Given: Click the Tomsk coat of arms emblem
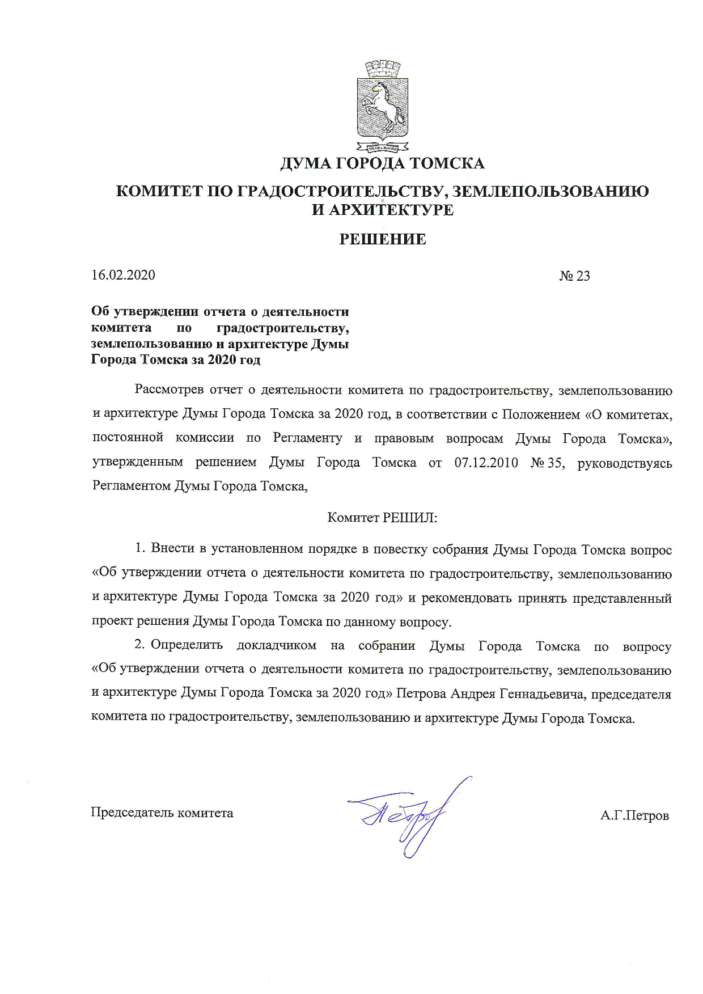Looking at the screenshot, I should (x=383, y=107).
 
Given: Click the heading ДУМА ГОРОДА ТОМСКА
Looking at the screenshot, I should (x=383, y=164).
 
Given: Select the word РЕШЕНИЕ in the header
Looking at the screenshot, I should (x=383, y=239).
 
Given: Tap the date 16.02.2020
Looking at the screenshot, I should (x=123, y=275).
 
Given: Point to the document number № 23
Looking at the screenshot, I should (x=574, y=276).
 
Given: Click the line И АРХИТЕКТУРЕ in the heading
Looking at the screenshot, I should (x=383, y=210).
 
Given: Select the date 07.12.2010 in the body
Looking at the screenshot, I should (x=486, y=463).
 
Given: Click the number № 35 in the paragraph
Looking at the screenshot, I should (x=547, y=463).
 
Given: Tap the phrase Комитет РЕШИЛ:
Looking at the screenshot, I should (x=383, y=517).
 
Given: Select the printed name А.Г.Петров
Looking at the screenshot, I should (x=634, y=816).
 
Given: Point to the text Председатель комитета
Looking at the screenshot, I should (x=162, y=813).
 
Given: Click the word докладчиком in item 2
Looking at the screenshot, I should (x=276, y=646).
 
